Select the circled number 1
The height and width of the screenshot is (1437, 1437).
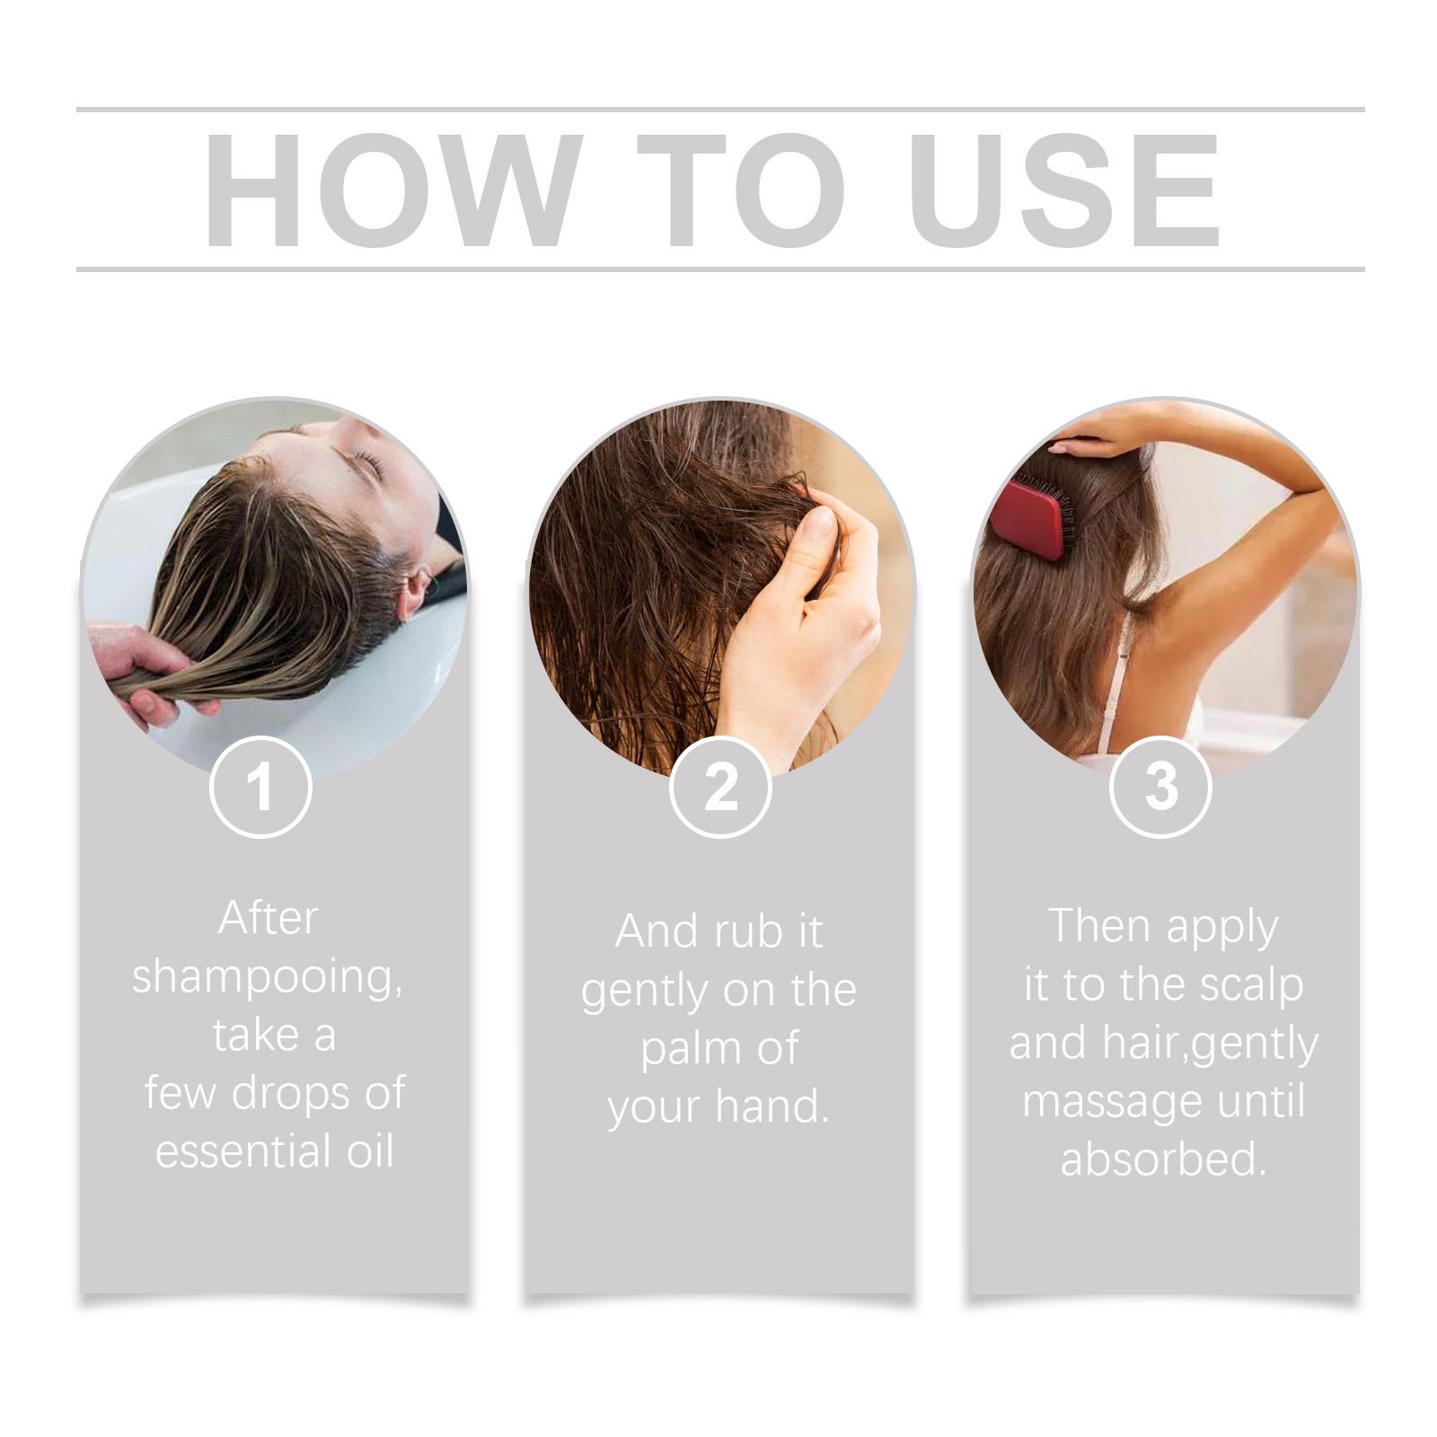click(260, 787)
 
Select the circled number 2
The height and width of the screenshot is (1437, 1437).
click(720, 787)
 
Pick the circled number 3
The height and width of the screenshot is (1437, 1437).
click(1160, 787)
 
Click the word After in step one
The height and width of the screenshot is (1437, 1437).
click(268, 918)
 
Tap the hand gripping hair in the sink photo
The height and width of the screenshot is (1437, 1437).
click(148, 667)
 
